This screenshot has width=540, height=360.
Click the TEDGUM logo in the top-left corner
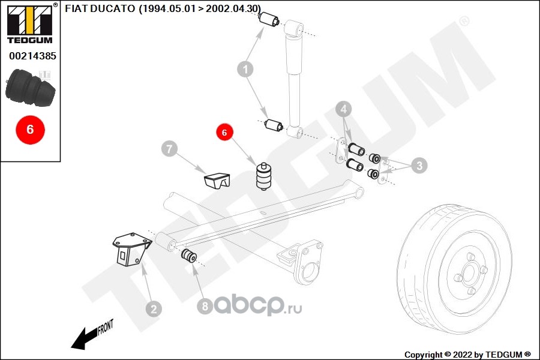[x=29, y=24]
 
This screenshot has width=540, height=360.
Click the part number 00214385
[x=32, y=56]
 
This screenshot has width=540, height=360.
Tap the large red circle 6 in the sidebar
[x=30, y=129]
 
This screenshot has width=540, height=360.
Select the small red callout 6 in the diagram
[x=224, y=133]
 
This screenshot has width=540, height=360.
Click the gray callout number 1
[x=244, y=70]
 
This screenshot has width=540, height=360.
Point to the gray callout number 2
[x=154, y=309]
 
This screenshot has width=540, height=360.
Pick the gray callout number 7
[x=170, y=149]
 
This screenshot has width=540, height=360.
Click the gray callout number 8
[x=205, y=307]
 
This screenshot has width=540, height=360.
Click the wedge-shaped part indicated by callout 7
[x=217, y=181]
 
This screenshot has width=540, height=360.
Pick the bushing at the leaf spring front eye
[x=189, y=256]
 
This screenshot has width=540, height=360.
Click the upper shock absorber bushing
[x=268, y=20]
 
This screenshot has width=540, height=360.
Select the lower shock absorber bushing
[x=274, y=126]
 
